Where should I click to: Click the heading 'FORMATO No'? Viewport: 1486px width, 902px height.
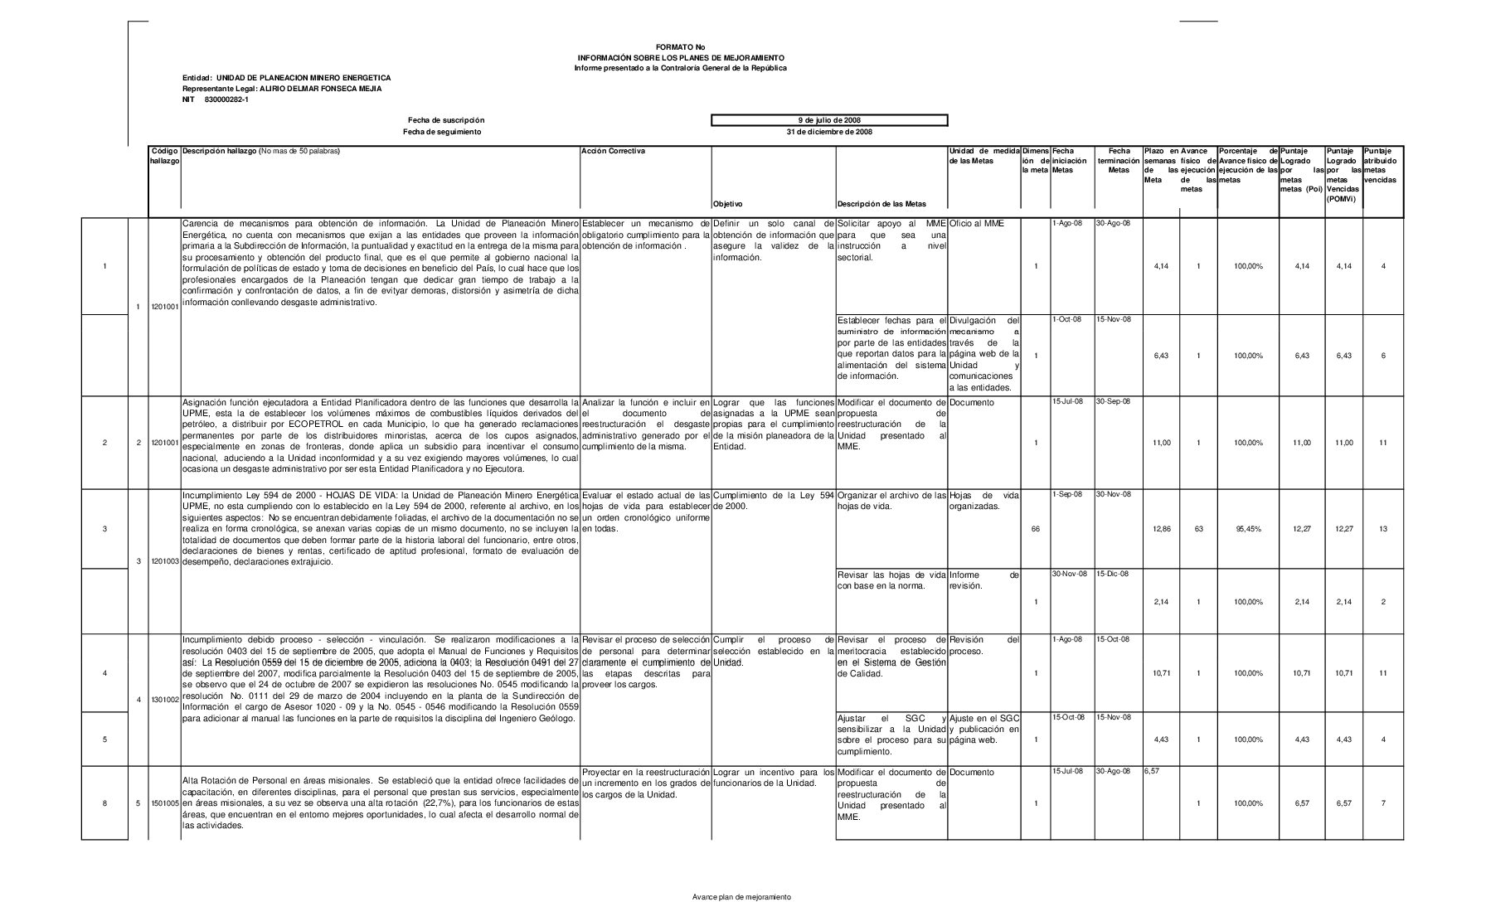tap(680, 47)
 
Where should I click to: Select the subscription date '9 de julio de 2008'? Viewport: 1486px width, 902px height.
tap(829, 120)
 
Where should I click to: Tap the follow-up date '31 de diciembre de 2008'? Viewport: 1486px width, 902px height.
tap(829, 132)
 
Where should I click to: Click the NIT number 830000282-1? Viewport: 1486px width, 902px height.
tap(215, 99)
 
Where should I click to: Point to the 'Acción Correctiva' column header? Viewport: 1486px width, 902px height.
tap(613, 151)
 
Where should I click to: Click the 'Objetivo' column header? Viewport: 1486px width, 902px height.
tap(727, 204)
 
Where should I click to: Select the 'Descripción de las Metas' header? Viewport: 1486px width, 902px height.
tap(881, 204)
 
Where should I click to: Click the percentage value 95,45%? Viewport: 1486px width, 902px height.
tap(1247, 529)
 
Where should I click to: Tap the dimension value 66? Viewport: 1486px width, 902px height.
tap(1035, 529)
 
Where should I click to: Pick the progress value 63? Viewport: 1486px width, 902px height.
tap(1198, 529)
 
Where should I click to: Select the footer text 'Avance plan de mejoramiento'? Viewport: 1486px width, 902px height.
tap(741, 897)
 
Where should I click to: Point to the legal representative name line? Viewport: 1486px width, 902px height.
tap(282, 89)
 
